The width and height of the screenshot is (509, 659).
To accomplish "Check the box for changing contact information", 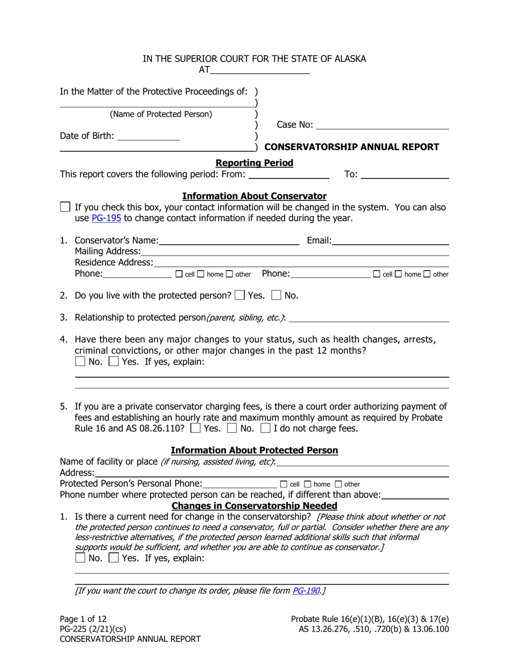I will pos(65,207).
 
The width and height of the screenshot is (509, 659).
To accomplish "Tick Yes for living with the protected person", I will pos(241,295).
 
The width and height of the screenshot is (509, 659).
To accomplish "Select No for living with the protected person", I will pos(276,295).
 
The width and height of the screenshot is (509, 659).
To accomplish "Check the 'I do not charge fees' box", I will pos(265,428).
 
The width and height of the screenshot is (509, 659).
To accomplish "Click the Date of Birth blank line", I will pos(148,136).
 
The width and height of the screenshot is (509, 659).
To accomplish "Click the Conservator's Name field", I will pos(229,241).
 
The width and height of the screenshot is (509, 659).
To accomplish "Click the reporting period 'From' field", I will pos(289,174).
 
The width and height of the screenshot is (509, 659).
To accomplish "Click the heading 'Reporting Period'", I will pos(254,163).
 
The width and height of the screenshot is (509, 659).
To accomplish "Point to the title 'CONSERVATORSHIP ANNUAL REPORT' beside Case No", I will pos(352,147).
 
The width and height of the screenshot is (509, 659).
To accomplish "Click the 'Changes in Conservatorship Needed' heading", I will pos(254,506).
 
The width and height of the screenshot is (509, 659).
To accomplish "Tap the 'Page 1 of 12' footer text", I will pos(83,619).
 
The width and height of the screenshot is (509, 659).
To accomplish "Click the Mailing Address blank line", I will pos(295,251).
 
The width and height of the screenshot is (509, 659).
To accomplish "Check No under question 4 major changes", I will pos(80,362).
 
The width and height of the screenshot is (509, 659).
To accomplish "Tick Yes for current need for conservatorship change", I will pos(113,558).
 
